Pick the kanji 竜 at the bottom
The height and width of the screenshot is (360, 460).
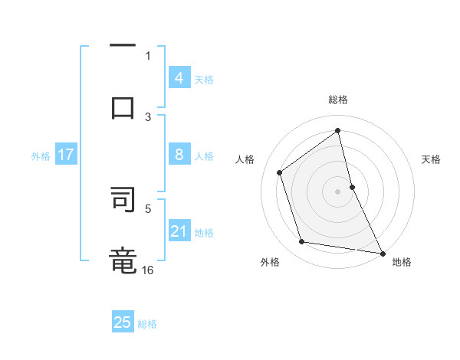(x=123, y=260)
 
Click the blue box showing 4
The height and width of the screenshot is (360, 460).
(x=179, y=77)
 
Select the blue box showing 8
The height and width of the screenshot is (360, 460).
(x=179, y=155)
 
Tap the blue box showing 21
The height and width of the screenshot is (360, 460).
(x=179, y=231)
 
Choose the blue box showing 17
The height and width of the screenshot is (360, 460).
(x=65, y=155)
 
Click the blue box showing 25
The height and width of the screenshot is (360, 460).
(x=123, y=322)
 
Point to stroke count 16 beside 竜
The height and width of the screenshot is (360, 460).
(x=148, y=270)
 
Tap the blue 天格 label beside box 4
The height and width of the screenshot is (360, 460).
(x=204, y=79)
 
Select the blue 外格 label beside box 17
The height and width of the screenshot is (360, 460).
(x=41, y=155)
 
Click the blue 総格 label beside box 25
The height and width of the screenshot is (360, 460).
(x=148, y=324)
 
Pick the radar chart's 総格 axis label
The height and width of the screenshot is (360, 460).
(x=338, y=100)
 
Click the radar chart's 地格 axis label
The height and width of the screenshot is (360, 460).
(x=402, y=263)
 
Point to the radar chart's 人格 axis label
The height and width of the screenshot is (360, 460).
(x=245, y=159)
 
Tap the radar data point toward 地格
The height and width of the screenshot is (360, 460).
(x=381, y=252)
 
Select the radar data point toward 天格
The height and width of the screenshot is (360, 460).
(x=352, y=186)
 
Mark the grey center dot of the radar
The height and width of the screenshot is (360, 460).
(x=338, y=191)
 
